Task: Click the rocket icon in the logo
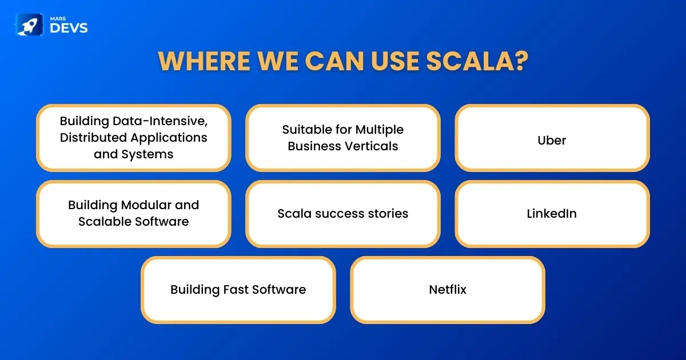[29, 25]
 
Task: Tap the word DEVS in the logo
[69, 28]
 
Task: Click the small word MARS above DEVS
[58, 19]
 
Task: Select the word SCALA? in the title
[477, 61]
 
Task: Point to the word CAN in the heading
[334, 61]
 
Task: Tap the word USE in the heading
[395, 61]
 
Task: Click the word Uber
[552, 140]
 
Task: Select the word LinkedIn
[552, 213]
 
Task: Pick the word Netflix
[448, 289]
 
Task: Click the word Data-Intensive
[160, 121]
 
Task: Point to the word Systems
[147, 154]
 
